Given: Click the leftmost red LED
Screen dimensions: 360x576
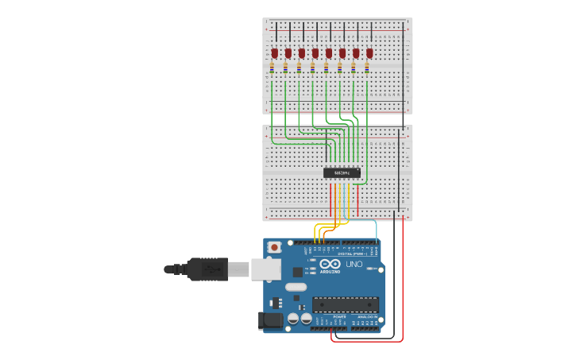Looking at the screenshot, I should (274, 53).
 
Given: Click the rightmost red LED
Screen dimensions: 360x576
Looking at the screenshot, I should (369, 53).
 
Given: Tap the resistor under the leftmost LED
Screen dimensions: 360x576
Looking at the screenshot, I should (272, 68).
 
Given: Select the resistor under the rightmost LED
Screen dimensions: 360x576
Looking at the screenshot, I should (367, 68).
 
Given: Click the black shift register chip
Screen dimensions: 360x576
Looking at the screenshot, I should (342, 172).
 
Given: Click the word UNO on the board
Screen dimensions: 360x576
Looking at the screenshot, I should (354, 264).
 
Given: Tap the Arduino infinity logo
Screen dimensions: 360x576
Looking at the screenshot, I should (331, 264).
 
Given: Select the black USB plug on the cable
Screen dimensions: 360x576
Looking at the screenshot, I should (207, 269).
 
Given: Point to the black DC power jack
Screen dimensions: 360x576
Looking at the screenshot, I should (271, 321).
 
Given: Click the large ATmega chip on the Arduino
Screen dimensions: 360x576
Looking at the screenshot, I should (345, 304).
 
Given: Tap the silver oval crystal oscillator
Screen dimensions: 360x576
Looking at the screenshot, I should (296, 287).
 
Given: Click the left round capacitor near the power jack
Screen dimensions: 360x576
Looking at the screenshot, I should (293, 318).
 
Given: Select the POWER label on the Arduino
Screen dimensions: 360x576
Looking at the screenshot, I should (339, 316).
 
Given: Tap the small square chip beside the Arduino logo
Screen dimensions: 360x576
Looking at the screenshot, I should (297, 272).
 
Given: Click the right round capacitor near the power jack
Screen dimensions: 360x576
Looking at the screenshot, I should (306, 318).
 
